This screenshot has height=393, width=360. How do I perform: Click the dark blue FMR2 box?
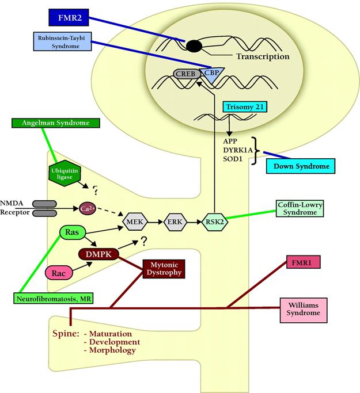point(69,17)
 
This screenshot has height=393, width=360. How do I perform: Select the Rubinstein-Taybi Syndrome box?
point(62,41)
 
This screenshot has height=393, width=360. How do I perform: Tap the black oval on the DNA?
point(194,47)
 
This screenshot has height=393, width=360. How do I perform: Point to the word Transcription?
point(263,56)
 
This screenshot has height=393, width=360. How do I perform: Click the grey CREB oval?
point(187,74)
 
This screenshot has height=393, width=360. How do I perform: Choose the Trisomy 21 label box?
point(245,107)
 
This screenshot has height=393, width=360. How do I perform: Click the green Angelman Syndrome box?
point(56,123)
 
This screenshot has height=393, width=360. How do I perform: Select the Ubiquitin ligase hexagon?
point(65,173)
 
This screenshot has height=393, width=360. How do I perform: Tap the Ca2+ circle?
point(88,208)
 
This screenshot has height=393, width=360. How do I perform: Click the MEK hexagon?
point(135,222)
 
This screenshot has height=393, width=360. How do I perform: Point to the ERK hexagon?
point(175,222)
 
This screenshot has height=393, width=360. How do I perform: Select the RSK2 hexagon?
point(215,222)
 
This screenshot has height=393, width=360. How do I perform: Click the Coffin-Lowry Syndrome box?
point(300,208)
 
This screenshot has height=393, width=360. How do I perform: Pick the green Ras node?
point(73,232)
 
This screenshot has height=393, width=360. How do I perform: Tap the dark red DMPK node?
point(98,254)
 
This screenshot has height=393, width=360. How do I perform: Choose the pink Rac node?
point(59,273)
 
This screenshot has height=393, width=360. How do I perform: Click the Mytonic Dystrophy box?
point(164,269)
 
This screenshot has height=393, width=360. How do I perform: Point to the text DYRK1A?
point(237,150)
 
